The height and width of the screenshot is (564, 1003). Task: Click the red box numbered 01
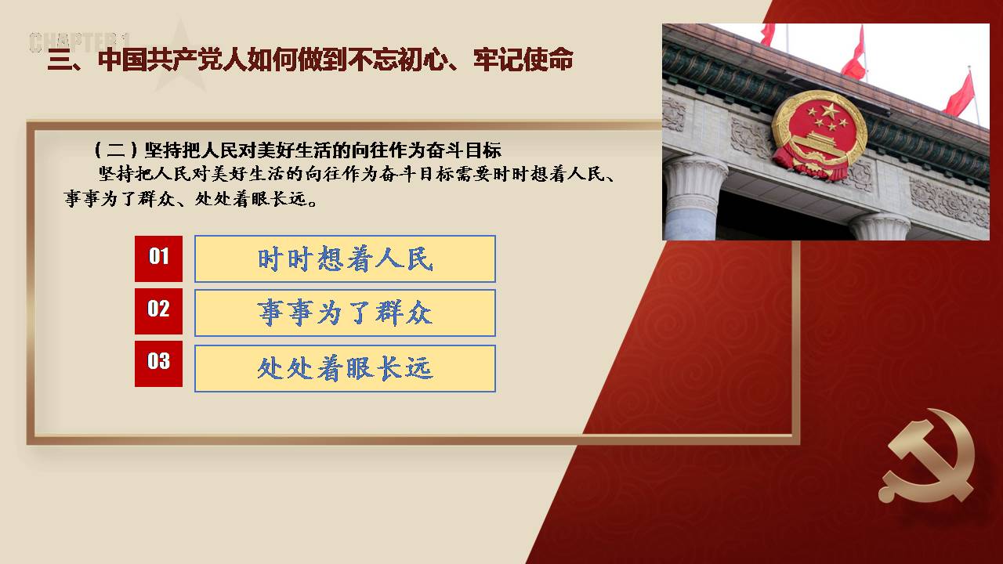coord(158,258)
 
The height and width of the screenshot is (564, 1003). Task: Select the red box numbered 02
coord(158,311)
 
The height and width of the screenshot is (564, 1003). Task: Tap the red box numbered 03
coord(158,363)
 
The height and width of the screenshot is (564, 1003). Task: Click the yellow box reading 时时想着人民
coord(345,258)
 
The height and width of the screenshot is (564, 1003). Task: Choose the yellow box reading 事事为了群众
coord(345,313)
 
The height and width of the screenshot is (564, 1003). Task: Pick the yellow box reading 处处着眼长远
coord(345,368)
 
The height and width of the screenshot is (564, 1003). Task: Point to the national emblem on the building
coord(820,134)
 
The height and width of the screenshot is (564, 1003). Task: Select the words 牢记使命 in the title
coord(523,60)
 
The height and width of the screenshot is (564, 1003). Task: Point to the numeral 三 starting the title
coord(59,60)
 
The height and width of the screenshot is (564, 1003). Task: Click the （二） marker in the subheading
coord(116,150)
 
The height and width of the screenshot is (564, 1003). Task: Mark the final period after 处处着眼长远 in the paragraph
coord(313,203)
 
